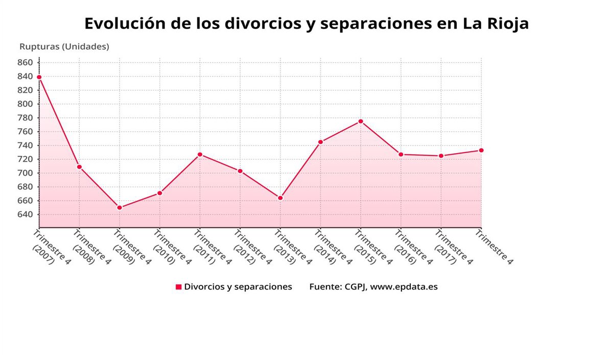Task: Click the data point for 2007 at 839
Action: [x=39, y=77]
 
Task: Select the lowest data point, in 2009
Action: [x=120, y=208]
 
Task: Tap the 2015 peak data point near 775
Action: [x=361, y=121]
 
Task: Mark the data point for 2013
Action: [x=280, y=198]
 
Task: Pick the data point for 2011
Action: [x=200, y=154]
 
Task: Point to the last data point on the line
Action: [x=481, y=150]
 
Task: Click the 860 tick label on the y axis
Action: [x=25, y=63]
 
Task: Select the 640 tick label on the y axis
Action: [x=25, y=214]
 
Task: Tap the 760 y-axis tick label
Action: [x=25, y=132]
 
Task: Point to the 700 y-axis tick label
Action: [x=25, y=173]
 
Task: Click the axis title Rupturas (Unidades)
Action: [x=64, y=46]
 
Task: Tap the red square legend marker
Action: [x=179, y=287]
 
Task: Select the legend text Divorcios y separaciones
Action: [x=238, y=287]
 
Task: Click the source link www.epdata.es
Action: [x=404, y=287]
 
